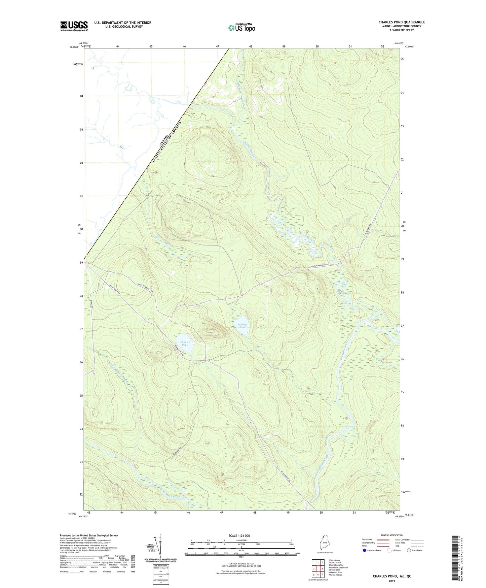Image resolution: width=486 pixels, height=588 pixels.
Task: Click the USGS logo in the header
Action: tap(74, 26)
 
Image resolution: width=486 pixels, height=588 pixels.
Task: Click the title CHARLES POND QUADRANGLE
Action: tap(402, 22)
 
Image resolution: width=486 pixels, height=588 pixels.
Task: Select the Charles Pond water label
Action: tap(185, 344)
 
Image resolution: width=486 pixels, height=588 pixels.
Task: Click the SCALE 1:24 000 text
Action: tap(239, 535)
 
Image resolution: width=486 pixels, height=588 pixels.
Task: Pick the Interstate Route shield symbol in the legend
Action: tap(365, 550)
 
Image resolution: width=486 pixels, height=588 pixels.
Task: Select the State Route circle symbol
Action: tap(409, 550)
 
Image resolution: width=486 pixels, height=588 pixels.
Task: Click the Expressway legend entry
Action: tap(367, 540)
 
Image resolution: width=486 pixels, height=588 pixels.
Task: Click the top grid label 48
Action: tap(251, 46)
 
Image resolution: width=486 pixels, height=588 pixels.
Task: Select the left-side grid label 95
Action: tap(81, 395)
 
